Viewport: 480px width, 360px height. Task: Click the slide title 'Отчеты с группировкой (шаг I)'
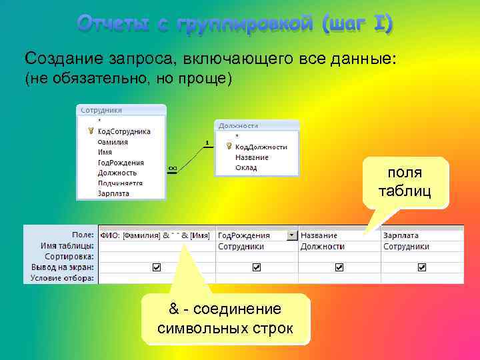point(235,24)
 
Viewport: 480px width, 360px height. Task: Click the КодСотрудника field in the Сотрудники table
point(124,131)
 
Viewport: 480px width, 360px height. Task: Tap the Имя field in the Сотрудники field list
point(105,152)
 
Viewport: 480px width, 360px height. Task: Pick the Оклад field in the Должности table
point(246,168)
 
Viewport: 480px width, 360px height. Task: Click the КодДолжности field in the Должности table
point(261,147)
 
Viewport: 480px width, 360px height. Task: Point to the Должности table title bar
point(257,125)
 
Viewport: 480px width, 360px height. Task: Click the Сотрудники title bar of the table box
point(120,109)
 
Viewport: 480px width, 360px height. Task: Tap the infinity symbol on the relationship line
point(172,168)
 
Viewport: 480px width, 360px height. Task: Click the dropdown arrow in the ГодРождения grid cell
point(291,235)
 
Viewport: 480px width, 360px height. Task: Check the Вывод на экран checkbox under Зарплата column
point(422,267)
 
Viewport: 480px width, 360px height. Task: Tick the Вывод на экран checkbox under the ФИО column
point(157,267)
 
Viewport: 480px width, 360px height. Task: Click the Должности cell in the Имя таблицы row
point(322,246)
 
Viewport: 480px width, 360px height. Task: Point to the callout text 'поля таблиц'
point(405,182)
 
